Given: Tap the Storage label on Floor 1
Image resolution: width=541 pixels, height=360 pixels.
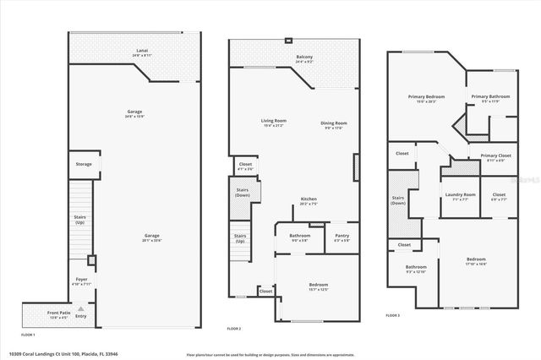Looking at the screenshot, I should (84, 164).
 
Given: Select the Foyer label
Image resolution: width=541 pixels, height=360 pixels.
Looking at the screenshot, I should (82, 280).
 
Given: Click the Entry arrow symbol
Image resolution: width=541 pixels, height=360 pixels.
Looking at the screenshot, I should (81, 310).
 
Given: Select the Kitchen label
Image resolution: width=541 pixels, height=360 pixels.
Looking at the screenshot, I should (309, 201).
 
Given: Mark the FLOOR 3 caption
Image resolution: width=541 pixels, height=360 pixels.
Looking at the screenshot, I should (392, 314).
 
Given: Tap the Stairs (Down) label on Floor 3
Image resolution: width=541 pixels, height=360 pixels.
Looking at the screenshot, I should (398, 201).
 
